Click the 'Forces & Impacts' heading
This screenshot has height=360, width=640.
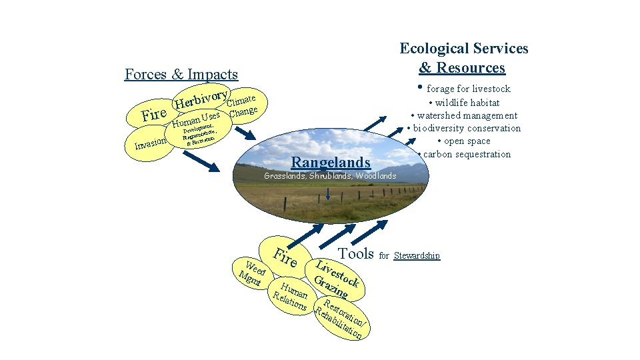coord(181,74)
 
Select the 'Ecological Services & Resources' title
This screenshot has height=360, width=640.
coord(463,58)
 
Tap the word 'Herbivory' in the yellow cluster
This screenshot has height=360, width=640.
coord(201,98)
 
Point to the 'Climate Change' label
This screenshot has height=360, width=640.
coord(241,106)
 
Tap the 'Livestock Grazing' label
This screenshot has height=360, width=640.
coord(338,278)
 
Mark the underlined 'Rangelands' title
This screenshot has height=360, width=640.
coord(331,162)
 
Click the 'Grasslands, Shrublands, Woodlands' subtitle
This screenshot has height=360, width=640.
coord(330,176)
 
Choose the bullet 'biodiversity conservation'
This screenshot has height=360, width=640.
coord(465,128)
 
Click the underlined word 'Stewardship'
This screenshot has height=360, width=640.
coord(417,256)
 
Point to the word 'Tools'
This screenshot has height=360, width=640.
coord(356,253)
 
